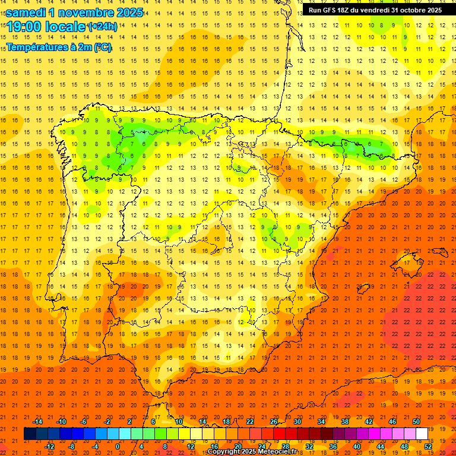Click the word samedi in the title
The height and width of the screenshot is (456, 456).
[x=28, y=12]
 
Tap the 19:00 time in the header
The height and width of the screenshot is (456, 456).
[x=27, y=27]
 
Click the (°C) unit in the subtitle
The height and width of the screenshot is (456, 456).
[x=102, y=47]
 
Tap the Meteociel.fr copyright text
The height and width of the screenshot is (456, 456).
[x=252, y=452]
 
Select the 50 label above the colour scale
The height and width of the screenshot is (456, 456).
[x=416, y=422]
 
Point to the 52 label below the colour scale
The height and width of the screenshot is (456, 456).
[x=428, y=446]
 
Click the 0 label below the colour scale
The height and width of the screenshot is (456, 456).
[x=118, y=446]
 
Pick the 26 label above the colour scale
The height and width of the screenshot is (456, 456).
[x=274, y=422]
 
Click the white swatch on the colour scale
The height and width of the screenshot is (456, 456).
[x=422, y=434]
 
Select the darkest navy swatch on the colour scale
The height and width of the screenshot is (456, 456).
[x=30, y=434]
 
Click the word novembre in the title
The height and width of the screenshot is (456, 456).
[x=89, y=12]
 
